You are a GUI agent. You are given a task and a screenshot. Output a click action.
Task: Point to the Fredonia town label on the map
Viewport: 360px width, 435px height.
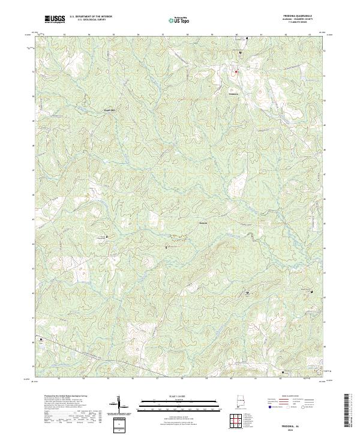coord(234,94)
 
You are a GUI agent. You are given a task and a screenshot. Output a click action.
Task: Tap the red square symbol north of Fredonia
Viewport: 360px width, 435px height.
coord(236,71)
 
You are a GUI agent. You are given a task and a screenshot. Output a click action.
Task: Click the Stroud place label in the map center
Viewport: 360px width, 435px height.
coord(203,223)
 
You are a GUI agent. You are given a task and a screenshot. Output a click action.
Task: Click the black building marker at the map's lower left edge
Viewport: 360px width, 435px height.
coord(41,340)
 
